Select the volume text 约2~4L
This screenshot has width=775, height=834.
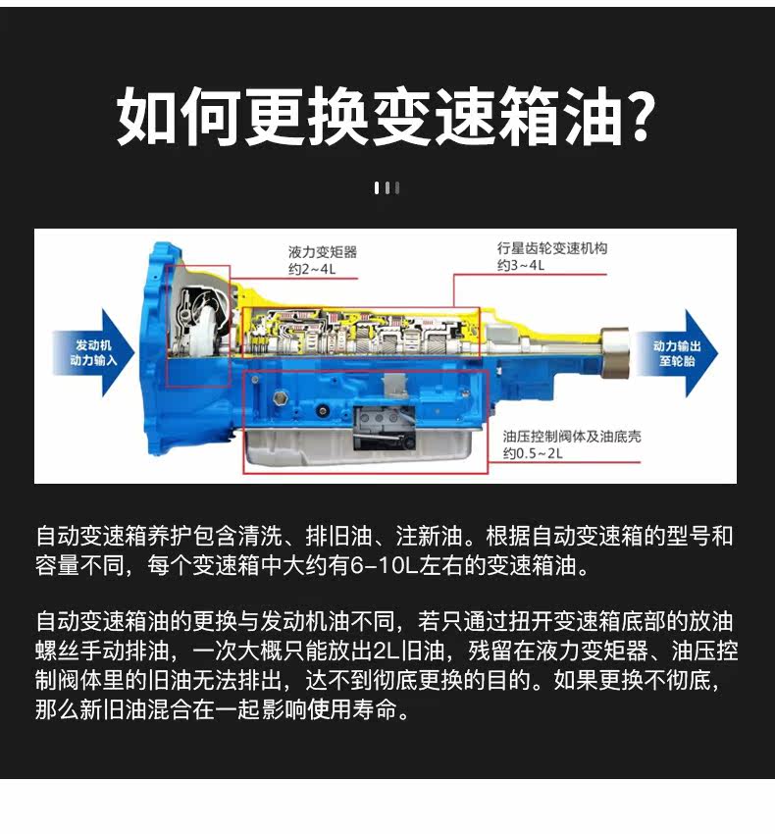(x=311, y=269)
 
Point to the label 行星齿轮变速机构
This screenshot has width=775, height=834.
(x=551, y=248)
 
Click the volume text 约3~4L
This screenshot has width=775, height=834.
(x=520, y=266)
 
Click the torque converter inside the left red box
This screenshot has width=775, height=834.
(x=195, y=329)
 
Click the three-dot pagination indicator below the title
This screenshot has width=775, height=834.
(x=387, y=187)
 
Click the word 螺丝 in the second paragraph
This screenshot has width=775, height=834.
(x=58, y=650)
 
